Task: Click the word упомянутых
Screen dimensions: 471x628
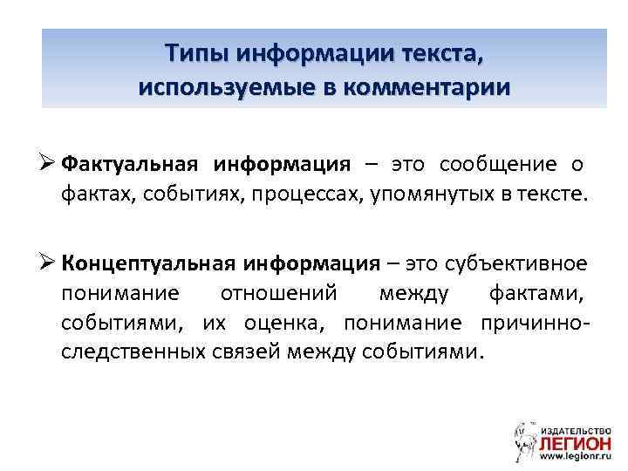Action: click(434, 192)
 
